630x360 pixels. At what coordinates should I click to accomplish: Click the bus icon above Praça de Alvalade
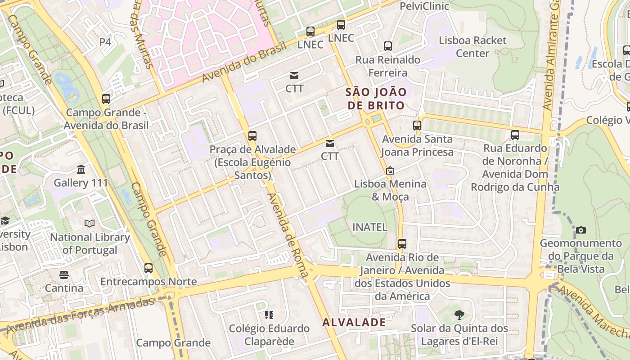point(252,136)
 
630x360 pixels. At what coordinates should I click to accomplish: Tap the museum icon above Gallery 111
point(81,170)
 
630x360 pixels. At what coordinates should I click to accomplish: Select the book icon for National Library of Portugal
point(90,223)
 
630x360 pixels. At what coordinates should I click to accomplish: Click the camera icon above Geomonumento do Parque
point(581,230)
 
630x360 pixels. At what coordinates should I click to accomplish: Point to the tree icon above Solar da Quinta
point(459,315)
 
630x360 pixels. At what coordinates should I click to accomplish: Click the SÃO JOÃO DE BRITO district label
point(376,99)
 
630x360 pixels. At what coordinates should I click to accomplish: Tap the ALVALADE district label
point(354,322)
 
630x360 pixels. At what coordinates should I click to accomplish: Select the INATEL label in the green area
point(369,227)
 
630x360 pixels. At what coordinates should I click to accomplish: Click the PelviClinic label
point(424,6)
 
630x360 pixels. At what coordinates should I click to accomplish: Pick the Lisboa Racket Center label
point(472,46)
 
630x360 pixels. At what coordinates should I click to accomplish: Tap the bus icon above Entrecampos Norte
point(148,268)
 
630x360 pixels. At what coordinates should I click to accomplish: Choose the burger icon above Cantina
point(64,274)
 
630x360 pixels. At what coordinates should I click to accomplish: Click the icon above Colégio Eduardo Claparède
point(269,315)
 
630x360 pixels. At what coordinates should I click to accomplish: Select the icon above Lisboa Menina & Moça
point(390,171)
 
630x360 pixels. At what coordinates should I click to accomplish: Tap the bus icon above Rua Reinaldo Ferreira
point(387,46)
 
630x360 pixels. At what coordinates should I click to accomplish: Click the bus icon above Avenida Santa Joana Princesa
point(417,126)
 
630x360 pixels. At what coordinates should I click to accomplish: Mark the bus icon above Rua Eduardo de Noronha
point(515,135)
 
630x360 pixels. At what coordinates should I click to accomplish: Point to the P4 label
point(105,42)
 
